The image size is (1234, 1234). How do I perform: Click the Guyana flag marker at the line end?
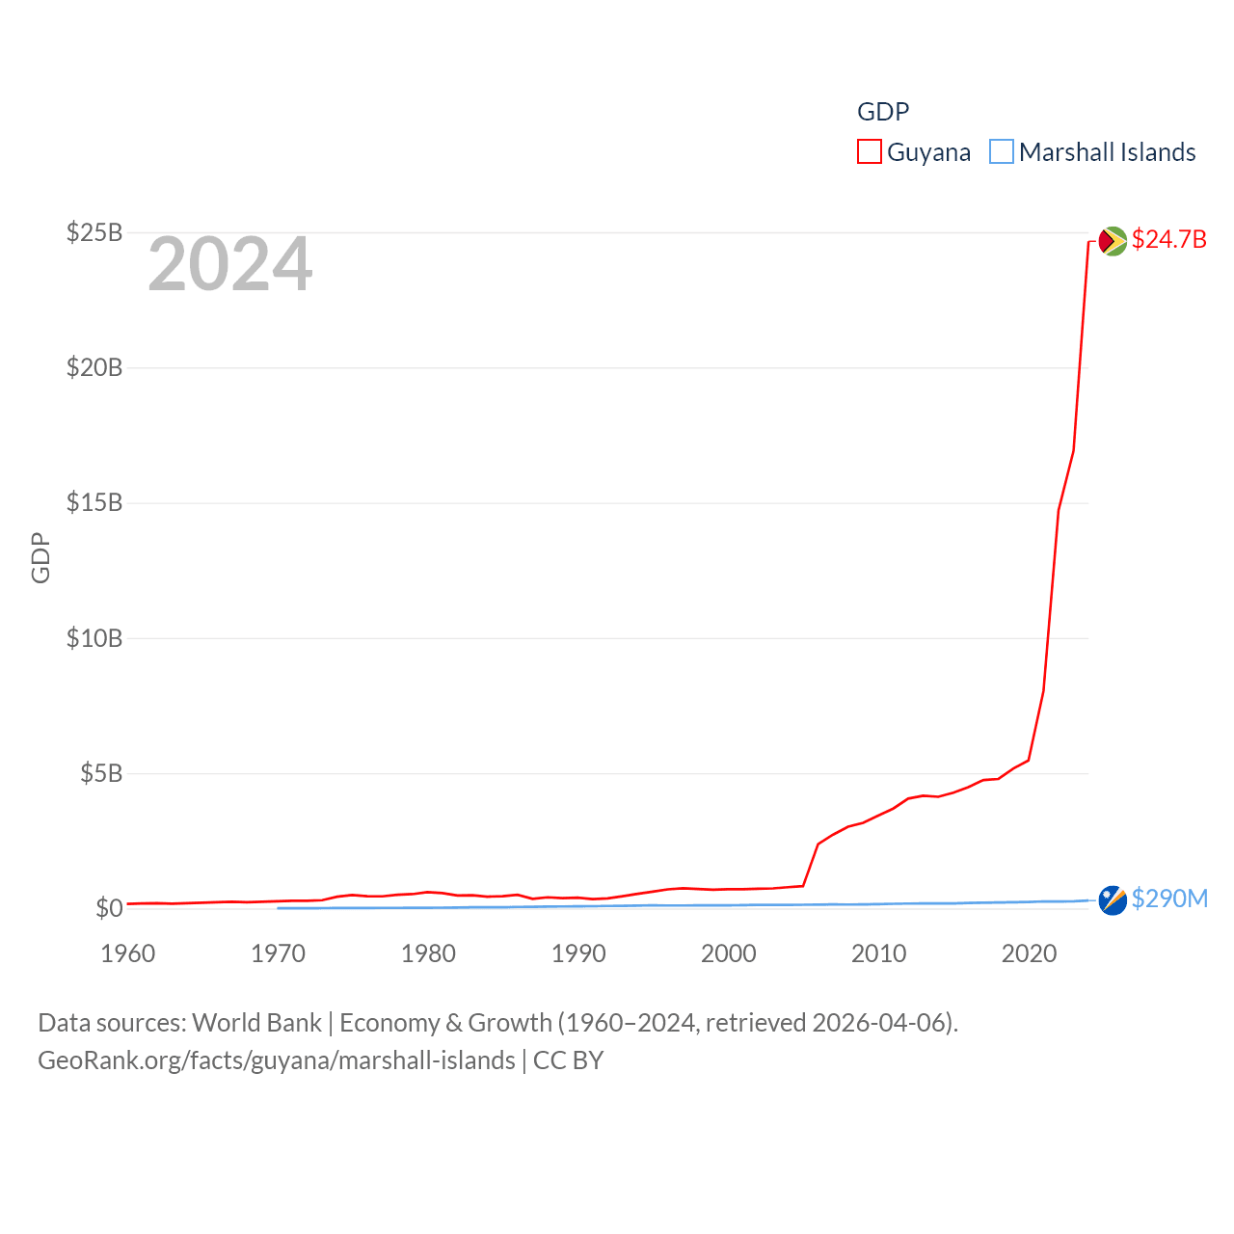click(1113, 240)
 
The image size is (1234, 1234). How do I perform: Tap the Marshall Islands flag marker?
click(1113, 900)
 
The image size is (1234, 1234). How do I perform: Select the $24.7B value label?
click(1168, 239)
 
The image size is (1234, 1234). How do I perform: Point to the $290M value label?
click(1169, 899)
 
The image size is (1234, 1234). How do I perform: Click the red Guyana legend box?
click(869, 152)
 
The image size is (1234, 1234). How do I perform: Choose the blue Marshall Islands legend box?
click(1002, 152)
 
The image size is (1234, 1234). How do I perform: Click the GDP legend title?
click(883, 112)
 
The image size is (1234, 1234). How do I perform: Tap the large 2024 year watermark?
click(229, 264)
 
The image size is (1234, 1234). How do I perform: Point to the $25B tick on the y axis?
click(94, 232)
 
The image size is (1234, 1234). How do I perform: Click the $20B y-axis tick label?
click(94, 367)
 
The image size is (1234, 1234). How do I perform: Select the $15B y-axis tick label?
click(94, 502)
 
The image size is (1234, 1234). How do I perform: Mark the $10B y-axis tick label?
click(94, 638)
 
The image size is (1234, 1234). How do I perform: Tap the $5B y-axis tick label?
click(101, 773)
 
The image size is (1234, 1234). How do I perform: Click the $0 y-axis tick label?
click(109, 908)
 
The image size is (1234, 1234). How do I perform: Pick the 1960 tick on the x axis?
click(128, 953)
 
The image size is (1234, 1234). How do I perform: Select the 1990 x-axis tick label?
click(578, 953)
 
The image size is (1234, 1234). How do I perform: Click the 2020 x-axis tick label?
click(1029, 953)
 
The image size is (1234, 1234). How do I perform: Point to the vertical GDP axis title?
click(40, 557)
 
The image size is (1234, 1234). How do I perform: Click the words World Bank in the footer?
click(256, 1022)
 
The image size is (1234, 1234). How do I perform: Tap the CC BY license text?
click(568, 1060)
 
